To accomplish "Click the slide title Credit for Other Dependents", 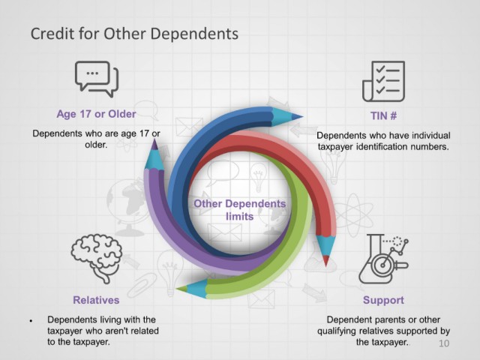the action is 134,34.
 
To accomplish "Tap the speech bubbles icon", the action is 97,79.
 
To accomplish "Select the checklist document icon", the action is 383,81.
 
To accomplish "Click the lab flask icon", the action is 383,259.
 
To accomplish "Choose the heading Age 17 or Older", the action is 96,114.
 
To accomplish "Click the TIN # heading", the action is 383,116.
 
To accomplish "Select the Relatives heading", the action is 96,300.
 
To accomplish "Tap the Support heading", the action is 383,300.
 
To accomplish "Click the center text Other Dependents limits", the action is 240,210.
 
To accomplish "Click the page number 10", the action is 444,343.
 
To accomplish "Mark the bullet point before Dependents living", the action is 31,321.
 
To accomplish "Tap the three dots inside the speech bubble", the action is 92,73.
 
